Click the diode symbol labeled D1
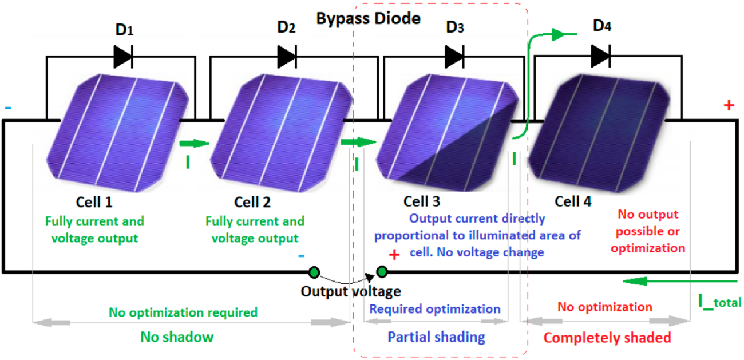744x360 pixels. [122, 56]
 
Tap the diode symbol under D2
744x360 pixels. [286, 56]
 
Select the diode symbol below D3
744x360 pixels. [454, 56]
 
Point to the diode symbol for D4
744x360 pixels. [600, 56]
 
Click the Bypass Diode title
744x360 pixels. [369, 18]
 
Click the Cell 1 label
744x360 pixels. [94, 202]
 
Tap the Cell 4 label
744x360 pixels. [573, 202]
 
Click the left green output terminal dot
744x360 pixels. [314, 272]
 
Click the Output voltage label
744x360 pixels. [351, 291]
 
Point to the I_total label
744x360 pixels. [719, 301]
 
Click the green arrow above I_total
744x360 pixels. [678, 282]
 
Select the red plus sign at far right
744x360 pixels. [729, 106]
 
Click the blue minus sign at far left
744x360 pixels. [7, 107]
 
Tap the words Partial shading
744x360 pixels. [436, 337]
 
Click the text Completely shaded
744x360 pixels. [607, 338]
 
